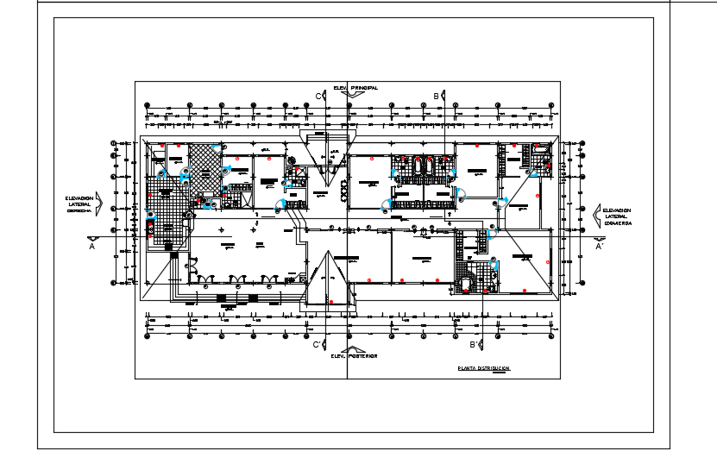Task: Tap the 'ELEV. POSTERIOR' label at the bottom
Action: tap(355, 355)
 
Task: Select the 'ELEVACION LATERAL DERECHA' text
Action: tap(84, 204)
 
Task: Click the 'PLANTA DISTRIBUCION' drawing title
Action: tap(484, 368)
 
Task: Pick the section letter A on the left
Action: tap(91, 246)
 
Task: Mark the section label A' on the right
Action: tap(599, 246)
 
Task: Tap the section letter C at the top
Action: tap(317, 95)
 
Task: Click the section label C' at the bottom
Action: tap(317, 345)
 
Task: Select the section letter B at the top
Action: tap(437, 95)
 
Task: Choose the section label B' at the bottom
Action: tap(474, 345)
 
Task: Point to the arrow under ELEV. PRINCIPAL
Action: tap(355, 97)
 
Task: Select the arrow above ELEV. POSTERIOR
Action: tap(355, 346)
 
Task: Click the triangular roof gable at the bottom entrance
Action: tap(327, 280)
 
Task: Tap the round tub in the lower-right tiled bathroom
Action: tap(466, 281)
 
